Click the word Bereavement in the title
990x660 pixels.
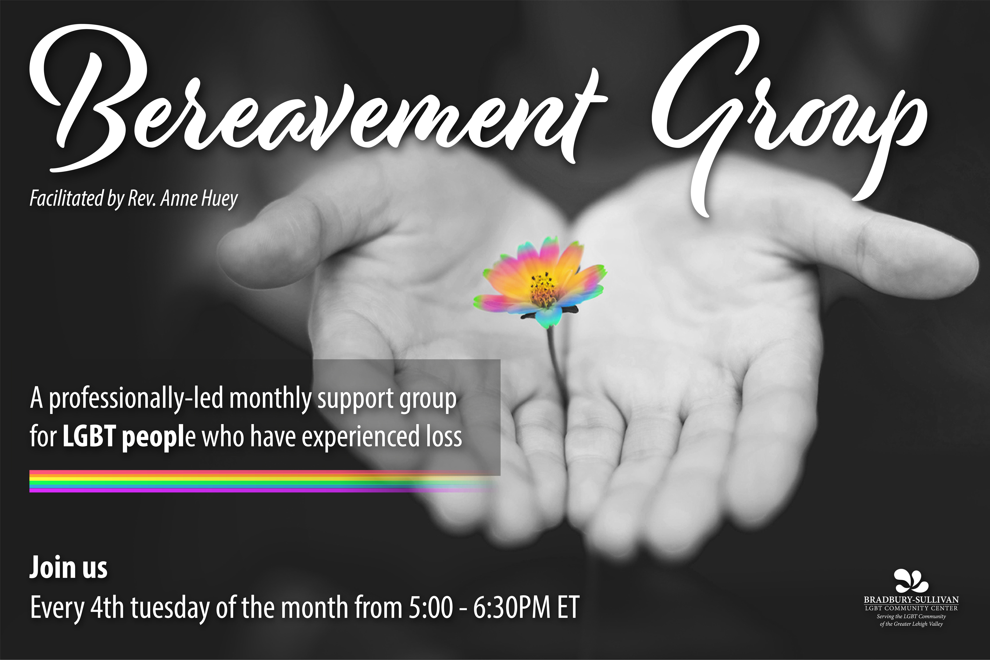tap(318, 99)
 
